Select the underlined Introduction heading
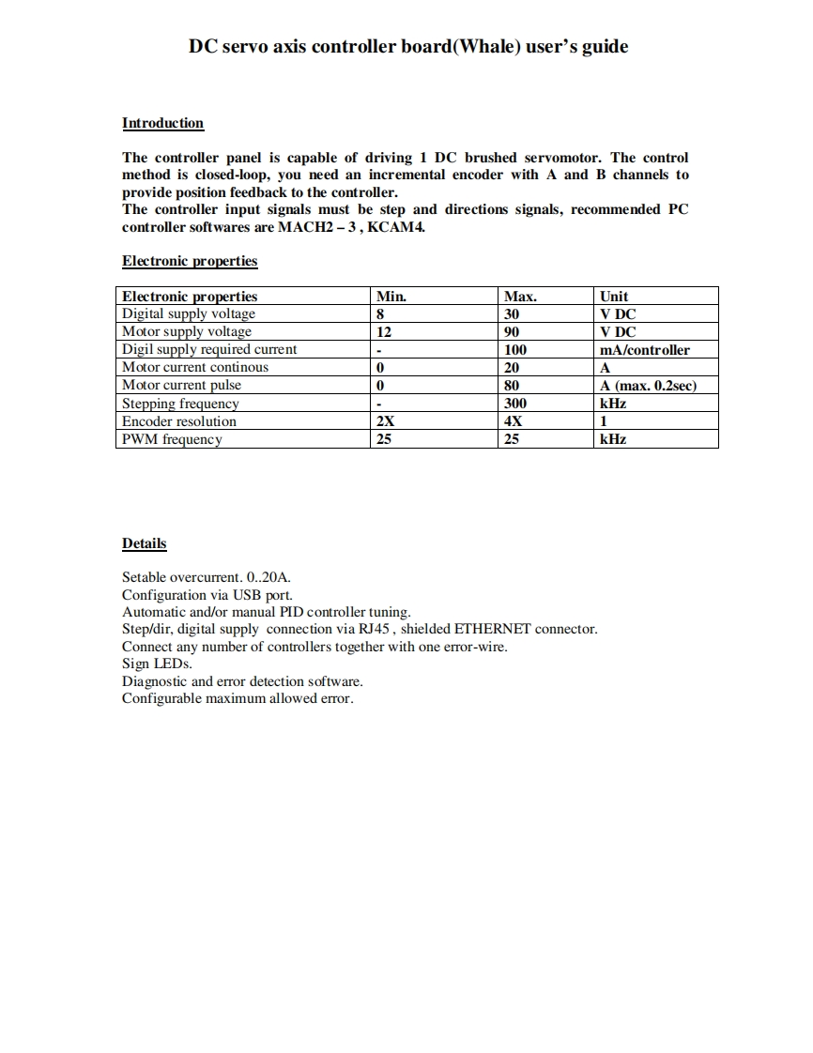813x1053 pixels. (x=162, y=123)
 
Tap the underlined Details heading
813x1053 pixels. (x=144, y=543)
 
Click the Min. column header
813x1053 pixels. (x=391, y=297)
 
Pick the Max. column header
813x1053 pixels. (x=520, y=297)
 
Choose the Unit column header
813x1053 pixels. (x=614, y=297)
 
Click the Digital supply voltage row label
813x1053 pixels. (x=189, y=314)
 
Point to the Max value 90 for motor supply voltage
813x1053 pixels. (x=512, y=332)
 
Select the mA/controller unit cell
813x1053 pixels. (x=644, y=350)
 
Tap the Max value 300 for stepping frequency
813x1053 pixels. (x=515, y=404)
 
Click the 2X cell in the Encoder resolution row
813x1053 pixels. (x=385, y=421)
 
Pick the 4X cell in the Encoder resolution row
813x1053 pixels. (x=513, y=421)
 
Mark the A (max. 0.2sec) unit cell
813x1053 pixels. (x=648, y=386)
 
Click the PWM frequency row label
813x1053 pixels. (x=172, y=439)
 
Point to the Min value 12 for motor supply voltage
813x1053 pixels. (x=383, y=332)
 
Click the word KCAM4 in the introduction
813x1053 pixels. (x=400, y=227)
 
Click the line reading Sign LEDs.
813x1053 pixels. (x=157, y=664)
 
